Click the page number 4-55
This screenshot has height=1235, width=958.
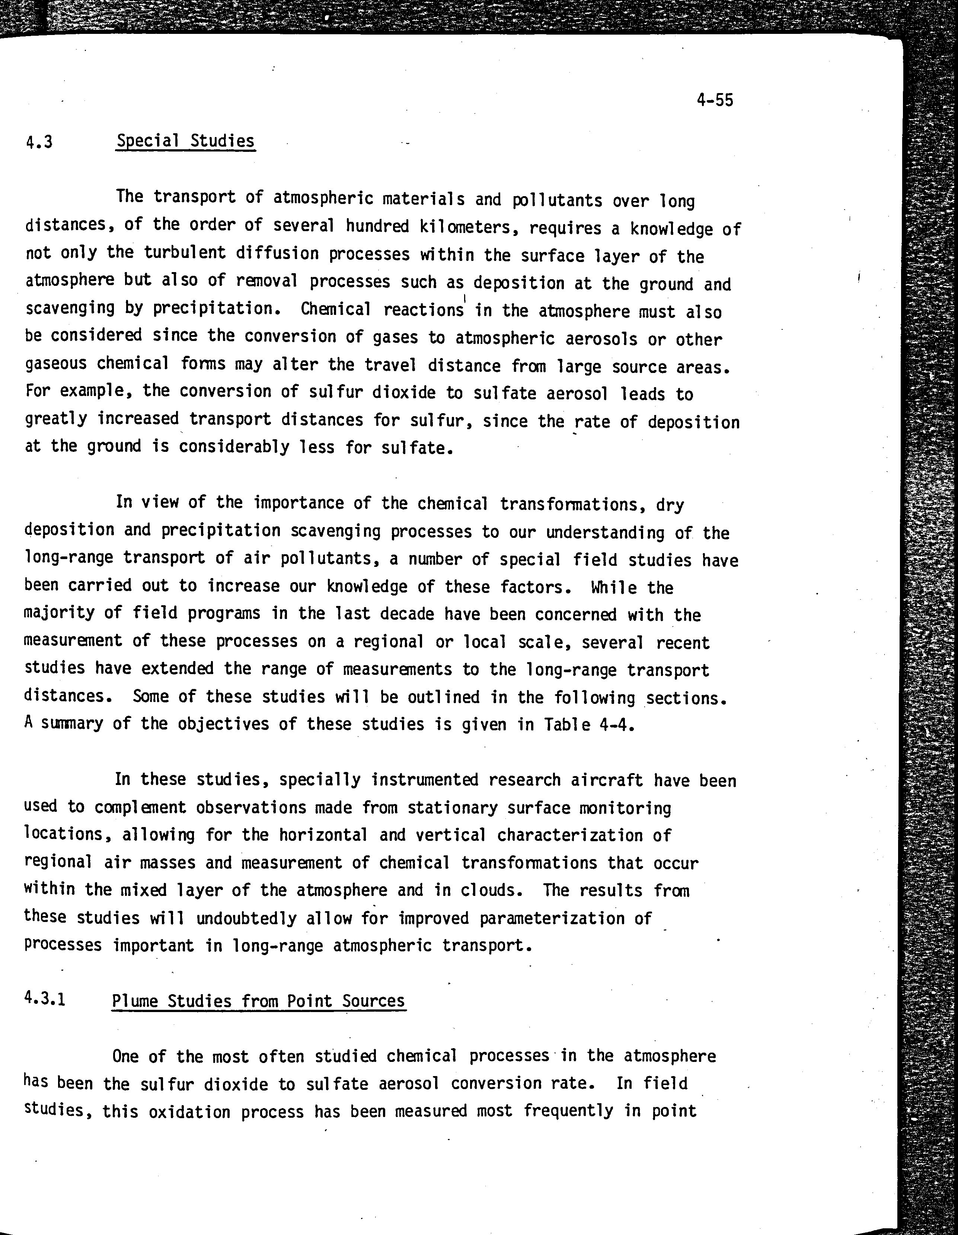click(x=715, y=100)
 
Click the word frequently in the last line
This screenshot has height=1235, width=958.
click(x=568, y=1111)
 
